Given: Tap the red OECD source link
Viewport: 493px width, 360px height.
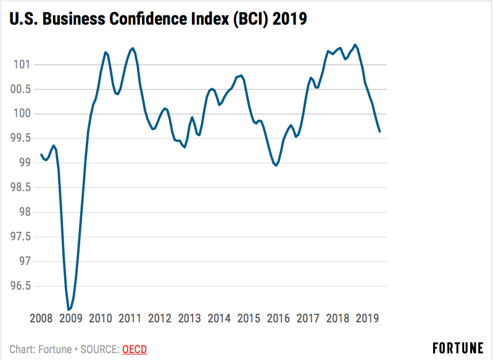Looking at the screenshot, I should (135, 350).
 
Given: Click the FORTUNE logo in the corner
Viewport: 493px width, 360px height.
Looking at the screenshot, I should (457, 348).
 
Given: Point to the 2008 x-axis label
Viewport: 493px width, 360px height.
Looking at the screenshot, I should (41, 318).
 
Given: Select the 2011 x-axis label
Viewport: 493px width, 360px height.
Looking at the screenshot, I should (130, 318).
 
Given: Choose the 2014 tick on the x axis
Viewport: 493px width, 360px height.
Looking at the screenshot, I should (219, 318).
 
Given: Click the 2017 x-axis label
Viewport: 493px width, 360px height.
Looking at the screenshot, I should (308, 318).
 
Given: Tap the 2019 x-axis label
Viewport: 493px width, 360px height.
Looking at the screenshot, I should (367, 318).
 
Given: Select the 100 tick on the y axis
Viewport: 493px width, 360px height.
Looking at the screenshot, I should (22, 113).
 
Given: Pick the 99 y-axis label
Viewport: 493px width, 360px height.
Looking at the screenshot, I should (24, 163).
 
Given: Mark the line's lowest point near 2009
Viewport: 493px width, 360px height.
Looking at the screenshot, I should (68, 309).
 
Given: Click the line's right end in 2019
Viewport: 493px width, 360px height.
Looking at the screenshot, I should (379, 131).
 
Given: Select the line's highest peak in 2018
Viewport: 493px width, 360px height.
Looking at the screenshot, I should (355, 44).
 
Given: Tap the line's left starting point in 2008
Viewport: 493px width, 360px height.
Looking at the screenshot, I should (41, 155).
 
